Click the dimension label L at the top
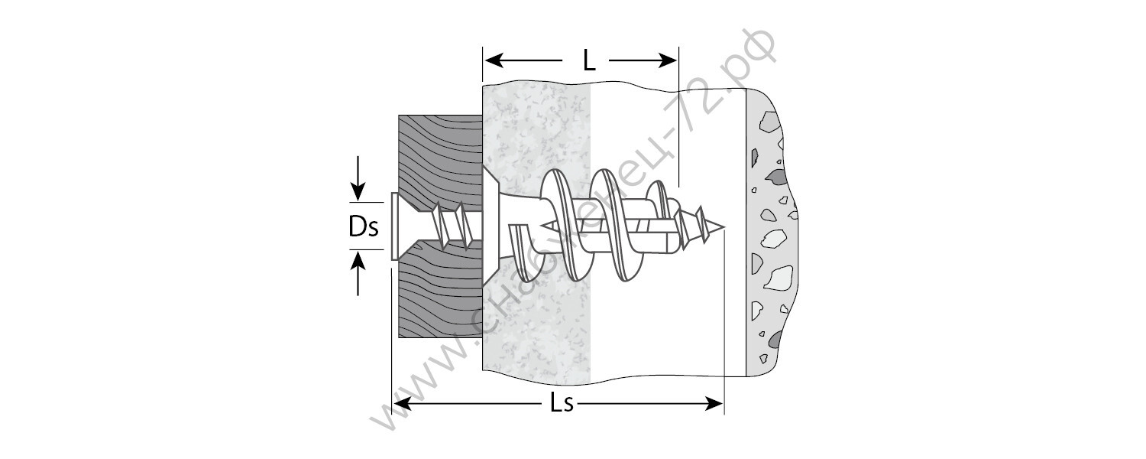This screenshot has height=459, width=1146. [x=589, y=61]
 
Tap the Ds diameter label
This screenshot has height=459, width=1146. [x=363, y=226]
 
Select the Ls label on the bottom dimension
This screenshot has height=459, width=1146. [x=562, y=404]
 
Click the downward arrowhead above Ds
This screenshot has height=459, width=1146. [x=358, y=193]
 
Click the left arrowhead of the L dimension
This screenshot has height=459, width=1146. [x=494, y=61]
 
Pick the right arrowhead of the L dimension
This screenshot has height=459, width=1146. [x=668, y=61]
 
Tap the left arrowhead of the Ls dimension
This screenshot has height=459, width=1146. [x=402, y=404]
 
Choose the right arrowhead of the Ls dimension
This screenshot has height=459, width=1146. [x=714, y=404]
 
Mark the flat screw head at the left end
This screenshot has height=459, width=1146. [x=394, y=226]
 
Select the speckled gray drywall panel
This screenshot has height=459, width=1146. [x=536, y=328]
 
